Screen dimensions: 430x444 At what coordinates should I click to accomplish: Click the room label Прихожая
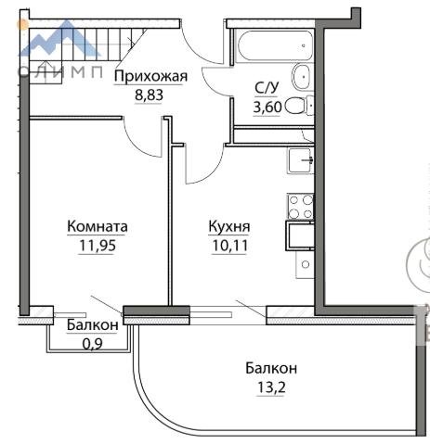pyautogui.click(x=150, y=76)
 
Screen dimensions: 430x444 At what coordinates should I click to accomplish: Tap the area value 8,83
pyautogui.click(x=149, y=95)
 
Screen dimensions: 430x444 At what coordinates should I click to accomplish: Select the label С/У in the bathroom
pyautogui.click(x=267, y=88)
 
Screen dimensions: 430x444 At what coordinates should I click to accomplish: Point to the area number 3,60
pyautogui.click(x=267, y=108)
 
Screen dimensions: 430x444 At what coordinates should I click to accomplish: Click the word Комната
pyautogui.click(x=98, y=226)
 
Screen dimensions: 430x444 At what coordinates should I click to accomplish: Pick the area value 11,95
pyautogui.click(x=98, y=246)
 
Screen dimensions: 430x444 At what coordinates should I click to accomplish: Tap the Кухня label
pyautogui.click(x=229, y=226)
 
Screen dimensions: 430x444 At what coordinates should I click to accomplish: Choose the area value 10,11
pyautogui.click(x=229, y=246)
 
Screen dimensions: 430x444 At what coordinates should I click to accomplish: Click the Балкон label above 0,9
pyautogui.click(x=93, y=325)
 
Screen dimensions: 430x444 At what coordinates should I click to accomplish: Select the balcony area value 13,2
pyautogui.click(x=271, y=387)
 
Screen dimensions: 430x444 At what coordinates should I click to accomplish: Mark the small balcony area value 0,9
pyautogui.click(x=93, y=343)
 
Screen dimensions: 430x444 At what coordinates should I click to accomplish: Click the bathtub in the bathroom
pyautogui.click(x=275, y=45)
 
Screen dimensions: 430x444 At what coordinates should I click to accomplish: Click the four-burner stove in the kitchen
pyautogui.click(x=300, y=207)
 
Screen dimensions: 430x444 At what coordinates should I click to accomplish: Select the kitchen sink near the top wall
pyautogui.click(x=301, y=160)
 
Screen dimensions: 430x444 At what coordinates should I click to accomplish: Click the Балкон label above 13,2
pyautogui.click(x=271, y=368)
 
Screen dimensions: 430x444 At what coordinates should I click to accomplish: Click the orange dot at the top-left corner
pyautogui.click(x=23, y=24)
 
